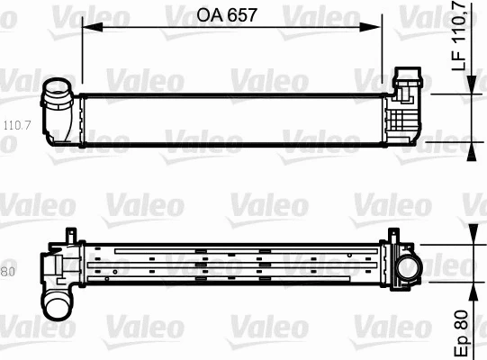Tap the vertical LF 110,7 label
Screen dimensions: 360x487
(458, 37)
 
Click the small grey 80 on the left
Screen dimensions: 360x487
(8, 271)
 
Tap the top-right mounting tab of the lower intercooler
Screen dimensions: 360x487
(391, 236)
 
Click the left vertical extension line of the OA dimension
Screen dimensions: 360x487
(82, 54)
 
